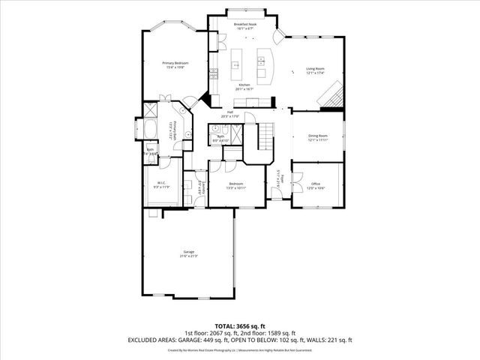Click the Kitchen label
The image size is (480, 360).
(x=244, y=85)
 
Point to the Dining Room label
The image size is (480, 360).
(x=319, y=136)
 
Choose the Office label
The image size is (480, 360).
(x=316, y=184)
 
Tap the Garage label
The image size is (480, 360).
(x=188, y=251)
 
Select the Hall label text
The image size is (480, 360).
(x=230, y=112)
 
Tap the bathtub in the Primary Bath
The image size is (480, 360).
(x=148, y=129)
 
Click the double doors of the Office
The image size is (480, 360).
(x=298, y=181)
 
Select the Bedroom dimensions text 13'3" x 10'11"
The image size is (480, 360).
(x=236, y=187)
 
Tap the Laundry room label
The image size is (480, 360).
(x=200, y=185)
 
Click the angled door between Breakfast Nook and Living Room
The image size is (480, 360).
(x=278, y=37)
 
